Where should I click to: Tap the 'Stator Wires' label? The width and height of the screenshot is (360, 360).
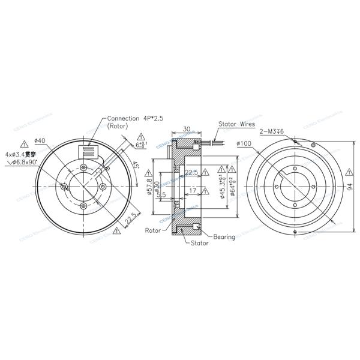237,124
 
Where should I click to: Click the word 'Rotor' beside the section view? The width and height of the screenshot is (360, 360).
153,230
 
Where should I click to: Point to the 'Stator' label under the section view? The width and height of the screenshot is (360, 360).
199,243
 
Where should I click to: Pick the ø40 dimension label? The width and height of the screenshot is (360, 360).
41,140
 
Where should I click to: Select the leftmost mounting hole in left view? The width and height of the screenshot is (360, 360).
64,188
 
